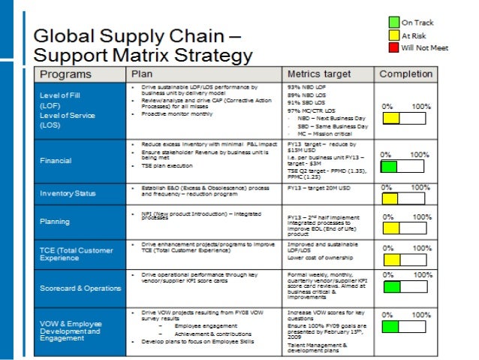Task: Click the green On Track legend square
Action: click(393, 23)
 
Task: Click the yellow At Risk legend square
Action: click(393, 35)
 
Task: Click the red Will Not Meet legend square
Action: click(393, 47)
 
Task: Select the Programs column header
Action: click(65, 74)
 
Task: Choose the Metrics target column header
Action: click(319, 74)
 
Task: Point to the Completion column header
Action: click(405, 74)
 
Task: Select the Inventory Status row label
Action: click(68, 193)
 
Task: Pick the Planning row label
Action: click(55, 222)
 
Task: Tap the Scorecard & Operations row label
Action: click(78, 288)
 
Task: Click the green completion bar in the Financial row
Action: click(389, 166)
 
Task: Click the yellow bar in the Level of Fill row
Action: click(390, 119)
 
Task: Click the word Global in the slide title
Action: click(66, 35)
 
